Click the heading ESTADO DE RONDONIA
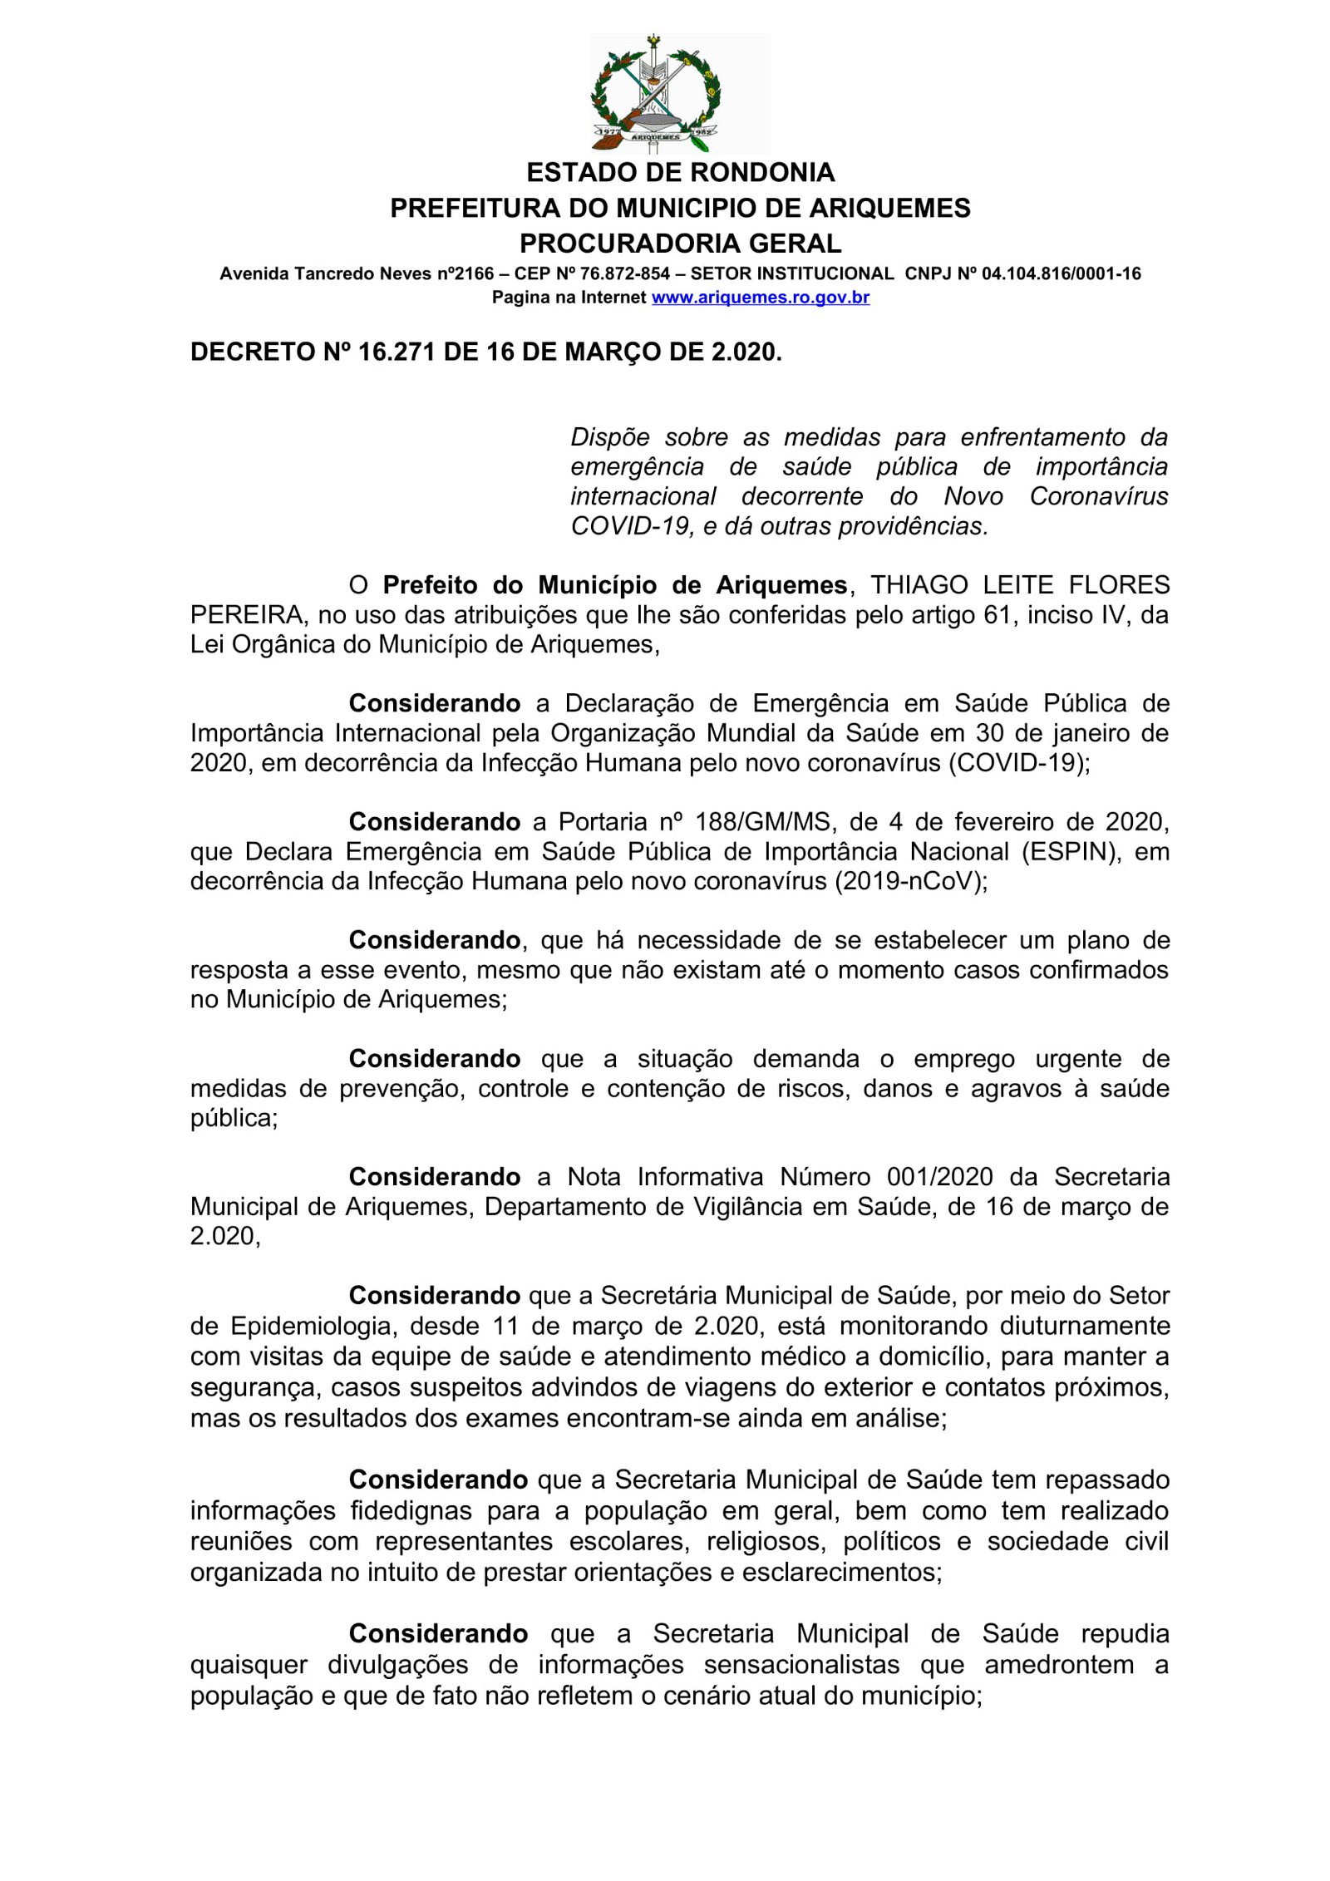pyautogui.click(x=680, y=172)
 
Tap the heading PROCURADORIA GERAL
pyautogui.click(x=680, y=243)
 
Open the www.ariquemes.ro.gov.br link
pyautogui.click(x=760, y=298)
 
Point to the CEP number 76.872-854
pyautogui.click(x=624, y=273)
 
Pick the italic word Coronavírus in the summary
pyautogui.click(x=1098, y=496)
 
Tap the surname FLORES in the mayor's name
pyautogui.click(x=1119, y=585)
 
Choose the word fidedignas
pyautogui.click(x=411, y=1510)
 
